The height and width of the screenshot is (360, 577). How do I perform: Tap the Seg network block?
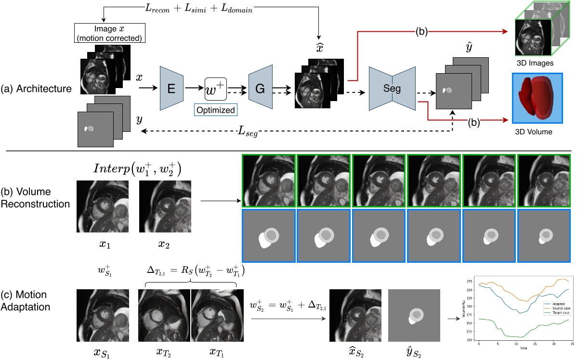(392, 89)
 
